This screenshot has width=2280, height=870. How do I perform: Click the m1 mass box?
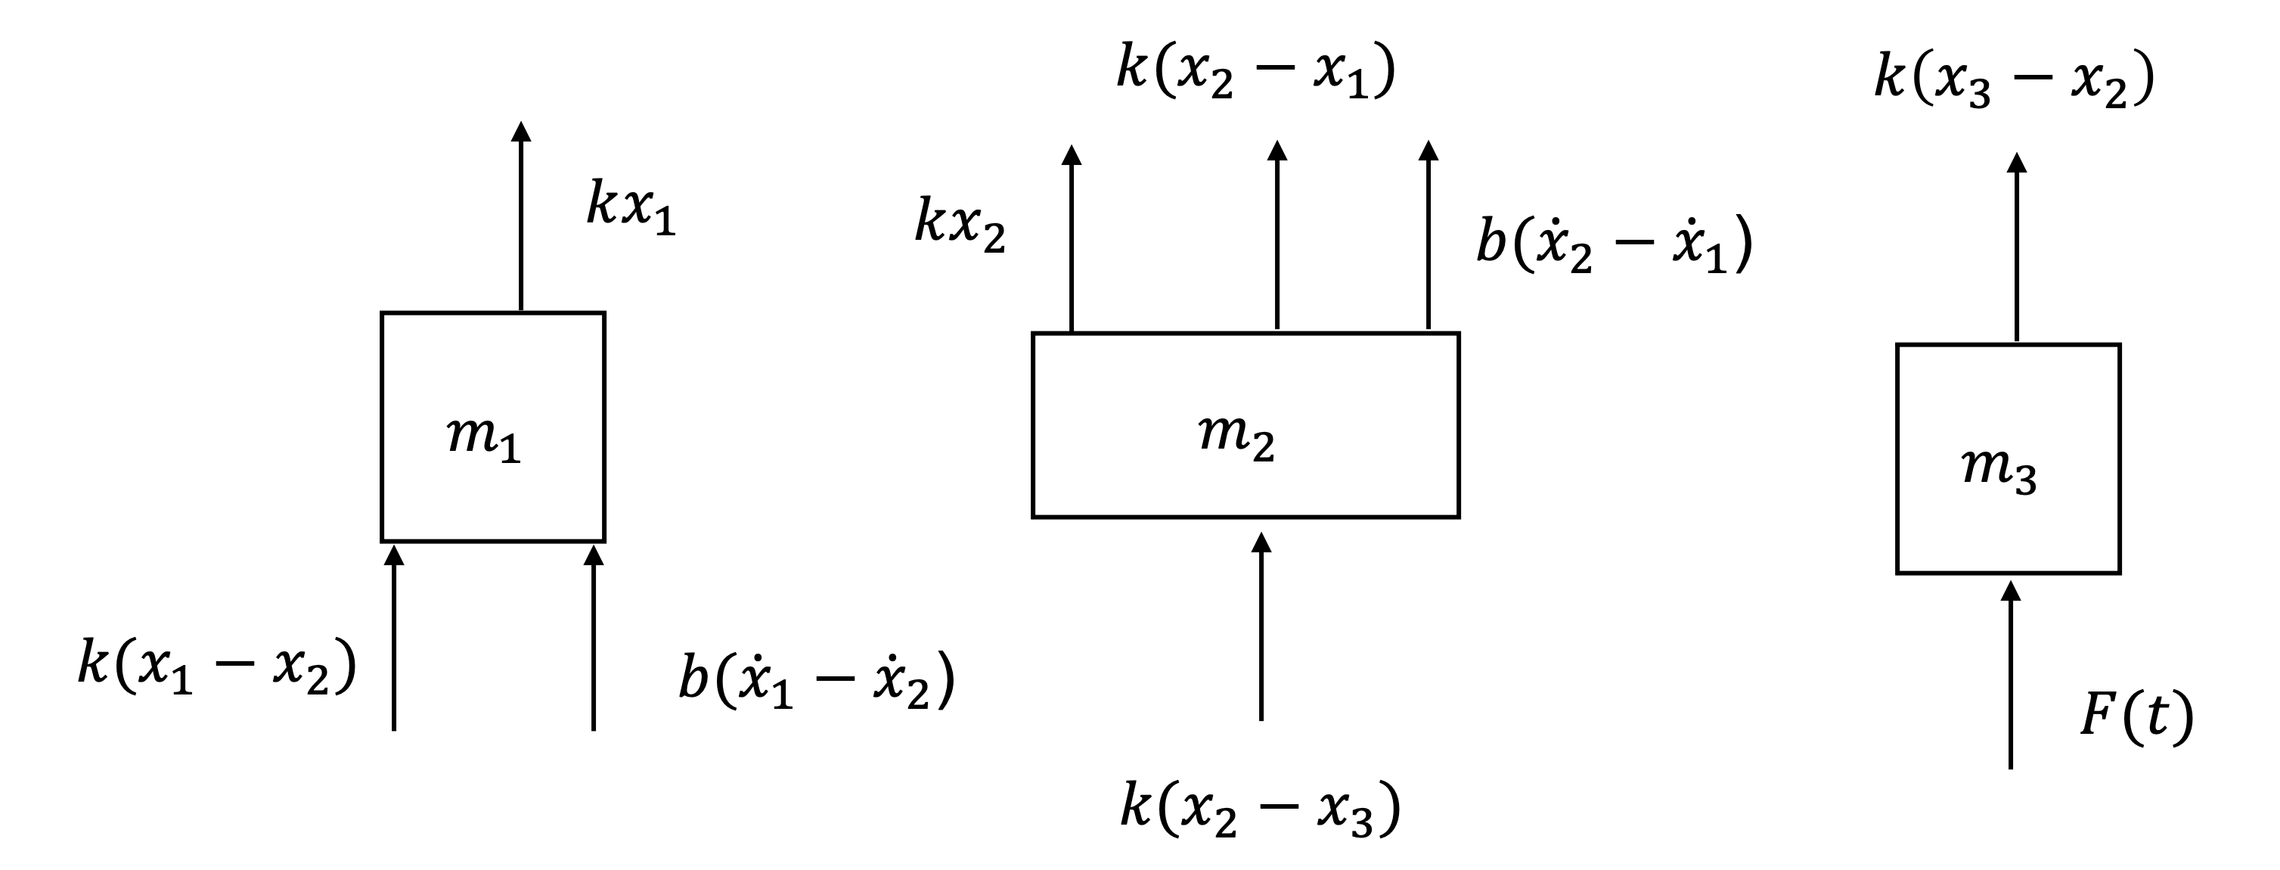pyautogui.click(x=492, y=427)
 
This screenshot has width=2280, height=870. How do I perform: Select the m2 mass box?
pyautogui.click(x=1245, y=425)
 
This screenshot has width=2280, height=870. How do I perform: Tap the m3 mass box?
pyautogui.click(x=2008, y=458)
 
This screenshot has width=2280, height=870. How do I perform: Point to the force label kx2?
pyautogui.click(x=960, y=225)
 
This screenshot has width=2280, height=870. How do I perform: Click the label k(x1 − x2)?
pyautogui.click(x=217, y=665)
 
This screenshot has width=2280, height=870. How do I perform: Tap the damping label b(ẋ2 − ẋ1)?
pyautogui.click(x=1615, y=244)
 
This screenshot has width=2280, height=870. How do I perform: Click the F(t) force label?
pyautogui.click(x=2136, y=716)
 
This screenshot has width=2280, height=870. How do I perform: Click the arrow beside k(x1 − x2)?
pyautogui.click(x=394, y=638)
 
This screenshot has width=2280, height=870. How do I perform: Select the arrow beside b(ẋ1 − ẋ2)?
pyautogui.click(x=593, y=638)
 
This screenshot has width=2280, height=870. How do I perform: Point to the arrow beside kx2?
pyautogui.click(x=1072, y=239)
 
